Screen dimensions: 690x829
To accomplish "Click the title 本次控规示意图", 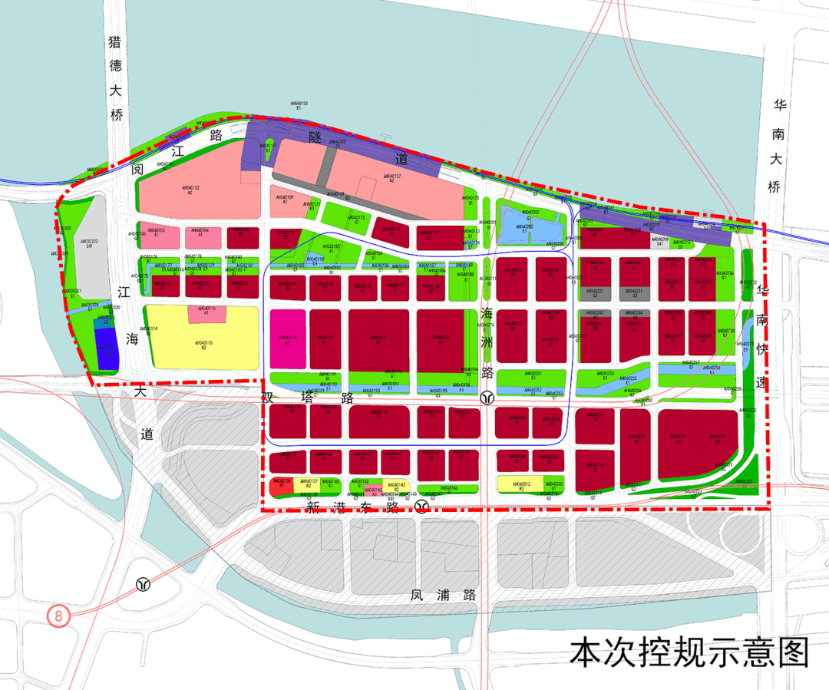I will click(689, 652).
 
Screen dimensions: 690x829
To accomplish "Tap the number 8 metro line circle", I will click(58, 615).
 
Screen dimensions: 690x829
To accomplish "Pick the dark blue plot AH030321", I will click(107, 352).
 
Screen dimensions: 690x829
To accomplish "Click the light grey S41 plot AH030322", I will click(91, 246).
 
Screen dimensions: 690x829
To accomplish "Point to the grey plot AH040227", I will click(594, 292).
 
